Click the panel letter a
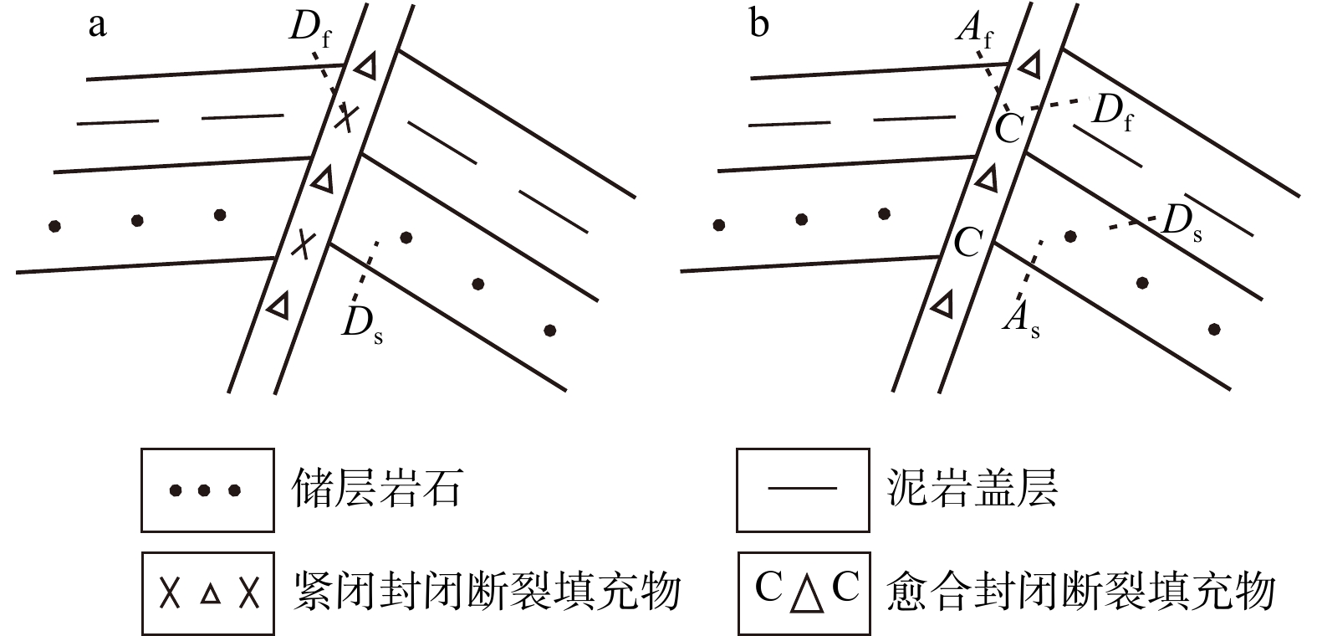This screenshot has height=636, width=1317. coord(98,25)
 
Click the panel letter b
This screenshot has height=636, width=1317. coord(759,25)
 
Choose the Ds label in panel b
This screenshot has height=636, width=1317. coord(1182,223)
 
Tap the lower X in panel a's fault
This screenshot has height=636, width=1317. coord(305,244)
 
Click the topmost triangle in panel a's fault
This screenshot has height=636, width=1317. coord(365,67)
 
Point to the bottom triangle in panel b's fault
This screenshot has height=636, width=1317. coord(943,304)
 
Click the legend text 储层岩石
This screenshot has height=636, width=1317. coord(376,489)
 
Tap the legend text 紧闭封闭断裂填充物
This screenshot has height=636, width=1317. coord(488,592)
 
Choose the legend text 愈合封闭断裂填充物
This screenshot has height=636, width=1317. coord(1081,592)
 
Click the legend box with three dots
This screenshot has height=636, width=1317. coord(207,490)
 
